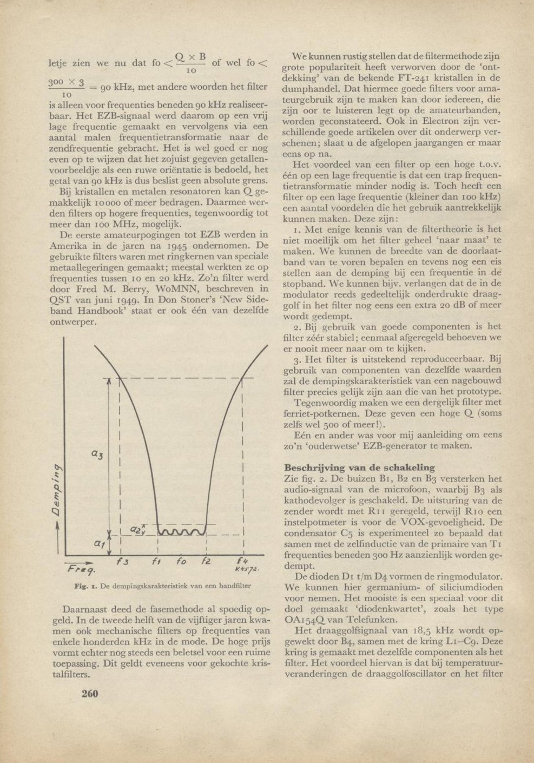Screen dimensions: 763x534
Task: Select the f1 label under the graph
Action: (x=156, y=562)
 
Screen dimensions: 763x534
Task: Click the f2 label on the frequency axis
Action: (x=206, y=562)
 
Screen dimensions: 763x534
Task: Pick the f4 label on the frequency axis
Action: (x=242, y=561)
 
